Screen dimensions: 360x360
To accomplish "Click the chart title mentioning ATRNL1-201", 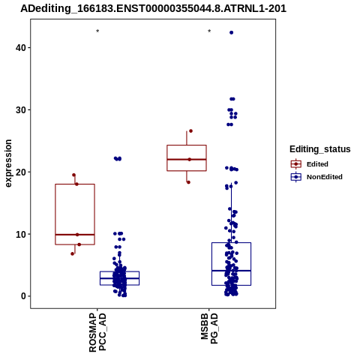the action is point(153,9).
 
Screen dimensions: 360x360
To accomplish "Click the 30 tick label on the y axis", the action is point(21,109).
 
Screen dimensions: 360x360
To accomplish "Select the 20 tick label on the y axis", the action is point(21,172).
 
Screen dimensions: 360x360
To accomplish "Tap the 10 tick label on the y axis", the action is point(21,234).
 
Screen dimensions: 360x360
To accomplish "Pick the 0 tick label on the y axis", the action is point(24,296).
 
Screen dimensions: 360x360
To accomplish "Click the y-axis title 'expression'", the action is point(8,163).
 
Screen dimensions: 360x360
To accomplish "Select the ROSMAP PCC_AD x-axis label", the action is point(97,332).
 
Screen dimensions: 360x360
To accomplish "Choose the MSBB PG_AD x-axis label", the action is point(209,328).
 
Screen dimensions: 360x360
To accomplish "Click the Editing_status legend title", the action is point(320,149).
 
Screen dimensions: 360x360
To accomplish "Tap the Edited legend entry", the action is point(317,164).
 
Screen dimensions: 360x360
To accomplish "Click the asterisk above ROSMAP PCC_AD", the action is point(97,31).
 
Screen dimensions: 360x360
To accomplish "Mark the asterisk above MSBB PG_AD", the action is point(209,31).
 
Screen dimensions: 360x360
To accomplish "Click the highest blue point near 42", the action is point(232,32).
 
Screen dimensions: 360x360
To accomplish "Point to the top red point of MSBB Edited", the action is point(190,131).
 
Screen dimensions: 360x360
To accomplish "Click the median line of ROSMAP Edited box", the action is point(75,235).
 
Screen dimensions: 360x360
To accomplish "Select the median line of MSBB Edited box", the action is point(187,159).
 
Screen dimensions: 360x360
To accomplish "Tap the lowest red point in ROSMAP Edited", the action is point(73,253).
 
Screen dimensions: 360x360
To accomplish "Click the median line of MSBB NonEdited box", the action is point(232,271).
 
